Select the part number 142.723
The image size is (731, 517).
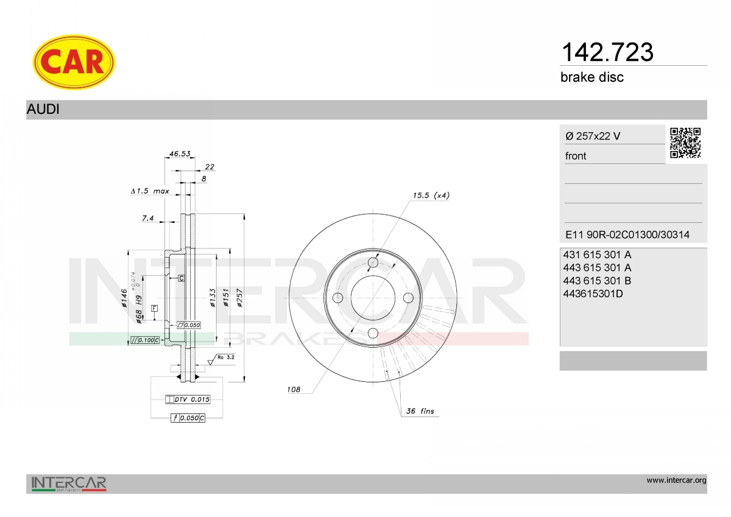pyautogui.click(x=606, y=52)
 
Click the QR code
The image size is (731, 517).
pyautogui.click(x=685, y=143)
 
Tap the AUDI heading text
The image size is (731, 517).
pyautogui.click(x=43, y=110)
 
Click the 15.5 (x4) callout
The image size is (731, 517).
pyautogui.click(x=431, y=195)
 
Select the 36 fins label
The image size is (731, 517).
pyautogui.click(x=420, y=412)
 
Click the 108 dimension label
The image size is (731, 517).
pyautogui.click(x=294, y=390)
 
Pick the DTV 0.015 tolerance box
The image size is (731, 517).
pyautogui.click(x=188, y=399)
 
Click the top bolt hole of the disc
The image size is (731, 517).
pyautogui.click(x=373, y=262)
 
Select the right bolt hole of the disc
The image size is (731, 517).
pyautogui.click(x=408, y=297)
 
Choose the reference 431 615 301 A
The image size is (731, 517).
pyautogui.click(x=598, y=255)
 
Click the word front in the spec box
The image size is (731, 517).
pyautogui.click(x=576, y=156)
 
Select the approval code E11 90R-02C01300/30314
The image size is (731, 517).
pyautogui.click(x=627, y=234)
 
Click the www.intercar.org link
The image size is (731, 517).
pyautogui.click(x=676, y=480)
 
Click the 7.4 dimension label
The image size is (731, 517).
pyautogui.click(x=147, y=217)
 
